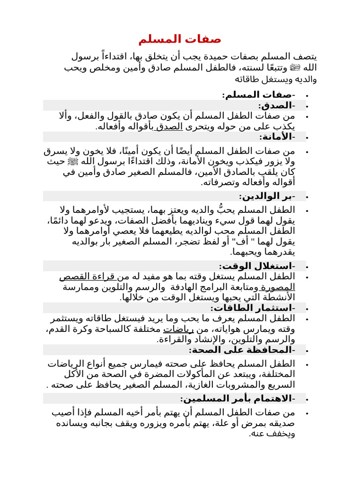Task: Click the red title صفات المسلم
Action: point(180,39)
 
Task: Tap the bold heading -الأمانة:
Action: point(277,136)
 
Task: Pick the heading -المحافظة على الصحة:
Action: point(242,350)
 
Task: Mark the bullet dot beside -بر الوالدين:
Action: point(307,196)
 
